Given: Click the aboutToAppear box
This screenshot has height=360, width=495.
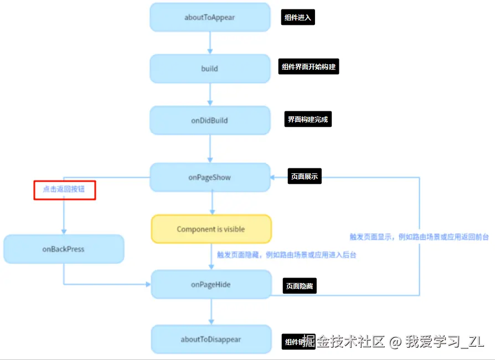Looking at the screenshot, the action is (x=210, y=17).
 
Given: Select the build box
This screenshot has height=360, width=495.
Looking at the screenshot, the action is (x=210, y=69).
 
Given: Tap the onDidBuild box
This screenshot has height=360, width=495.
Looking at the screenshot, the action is (x=210, y=120).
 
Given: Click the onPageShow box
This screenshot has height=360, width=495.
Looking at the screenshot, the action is (x=210, y=178).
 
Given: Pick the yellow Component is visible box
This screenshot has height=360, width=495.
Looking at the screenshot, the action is (x=211, y=229).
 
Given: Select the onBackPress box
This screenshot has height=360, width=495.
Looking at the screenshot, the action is (x=64, y=249).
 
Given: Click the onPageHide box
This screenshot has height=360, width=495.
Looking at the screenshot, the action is (x=211, y=285).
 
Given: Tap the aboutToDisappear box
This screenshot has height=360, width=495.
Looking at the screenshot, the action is (x=211, y=339).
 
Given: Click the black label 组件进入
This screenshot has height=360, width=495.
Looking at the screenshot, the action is (x=297, y=18).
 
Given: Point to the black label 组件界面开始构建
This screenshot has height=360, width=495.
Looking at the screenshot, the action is (x=308, y=67).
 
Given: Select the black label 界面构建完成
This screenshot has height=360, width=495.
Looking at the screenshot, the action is (x=308, y=119).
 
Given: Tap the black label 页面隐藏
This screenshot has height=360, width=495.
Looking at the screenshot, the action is (x=300, y=286).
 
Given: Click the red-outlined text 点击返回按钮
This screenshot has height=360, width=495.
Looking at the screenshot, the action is (x=65, y=189).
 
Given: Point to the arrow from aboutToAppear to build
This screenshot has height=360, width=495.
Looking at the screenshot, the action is (x=210, y=42).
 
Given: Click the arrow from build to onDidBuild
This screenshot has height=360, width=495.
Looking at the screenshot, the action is (x=210, y=94).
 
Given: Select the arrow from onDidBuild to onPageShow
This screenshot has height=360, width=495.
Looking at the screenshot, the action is (x=210, y=148).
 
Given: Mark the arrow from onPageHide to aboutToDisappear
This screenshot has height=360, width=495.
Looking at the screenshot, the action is (x=211, y=312).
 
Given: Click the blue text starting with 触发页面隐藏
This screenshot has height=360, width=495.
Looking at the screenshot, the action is (x=286, y=255).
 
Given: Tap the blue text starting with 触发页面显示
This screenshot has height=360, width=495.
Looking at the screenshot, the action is (x=419, y=236).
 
